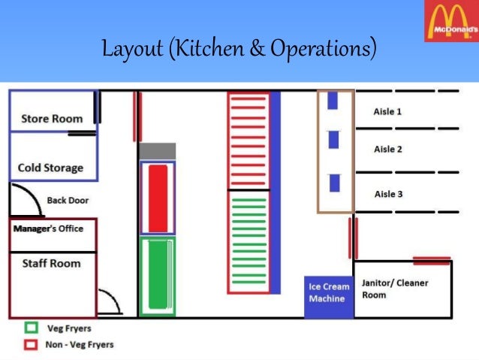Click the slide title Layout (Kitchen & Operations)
tap(239, 50)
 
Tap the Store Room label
tap(52, 119)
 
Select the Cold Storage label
tap(50, 168)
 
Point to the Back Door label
tap(68, 201)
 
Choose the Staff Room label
tap(50, 264)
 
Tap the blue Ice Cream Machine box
tap(327, 293)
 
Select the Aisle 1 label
tap(387, 111)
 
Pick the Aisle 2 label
tap(388, 150)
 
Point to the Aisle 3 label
tap(388, 194)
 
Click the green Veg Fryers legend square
tap(32, 328)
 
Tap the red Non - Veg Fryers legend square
tap(32, 344)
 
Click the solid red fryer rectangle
tap(158, 198)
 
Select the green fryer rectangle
tap(158, 275)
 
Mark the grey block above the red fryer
tap(157, 151)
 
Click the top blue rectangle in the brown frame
tap(333, 100)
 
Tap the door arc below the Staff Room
tap(110, 302)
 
